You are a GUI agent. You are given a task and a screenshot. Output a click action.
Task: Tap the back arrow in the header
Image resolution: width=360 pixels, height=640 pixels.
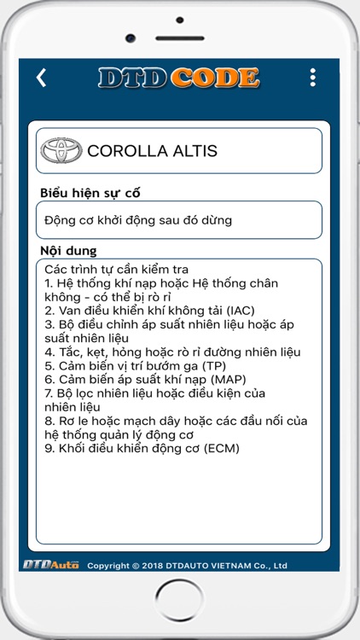click(41, 78)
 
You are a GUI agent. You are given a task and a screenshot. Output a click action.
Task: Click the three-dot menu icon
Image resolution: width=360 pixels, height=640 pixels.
click(313, 78)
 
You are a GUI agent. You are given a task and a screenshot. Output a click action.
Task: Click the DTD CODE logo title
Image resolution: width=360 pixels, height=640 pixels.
click(178, 78)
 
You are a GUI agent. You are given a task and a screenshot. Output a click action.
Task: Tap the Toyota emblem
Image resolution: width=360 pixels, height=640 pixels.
click(61, 151)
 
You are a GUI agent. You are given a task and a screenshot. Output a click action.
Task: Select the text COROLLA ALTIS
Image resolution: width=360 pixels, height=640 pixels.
click(152, 151)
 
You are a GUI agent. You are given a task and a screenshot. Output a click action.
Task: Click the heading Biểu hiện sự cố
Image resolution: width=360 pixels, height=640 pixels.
click(90, 193)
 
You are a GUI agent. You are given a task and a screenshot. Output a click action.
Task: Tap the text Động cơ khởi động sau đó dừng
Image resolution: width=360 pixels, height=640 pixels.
click(138, 220)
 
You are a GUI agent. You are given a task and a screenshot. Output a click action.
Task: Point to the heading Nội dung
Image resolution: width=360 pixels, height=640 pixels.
click(68, 251)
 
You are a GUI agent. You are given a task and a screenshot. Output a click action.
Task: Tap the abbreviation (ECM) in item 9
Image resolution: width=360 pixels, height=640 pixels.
click(221, 447)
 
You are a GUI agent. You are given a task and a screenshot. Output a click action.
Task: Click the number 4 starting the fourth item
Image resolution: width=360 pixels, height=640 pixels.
click(49, 352)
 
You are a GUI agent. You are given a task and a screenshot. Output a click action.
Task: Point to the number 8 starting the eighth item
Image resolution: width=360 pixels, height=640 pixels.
click(49, 420)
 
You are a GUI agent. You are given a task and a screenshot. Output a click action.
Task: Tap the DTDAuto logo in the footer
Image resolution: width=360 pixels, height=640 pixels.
click(50, 564)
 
